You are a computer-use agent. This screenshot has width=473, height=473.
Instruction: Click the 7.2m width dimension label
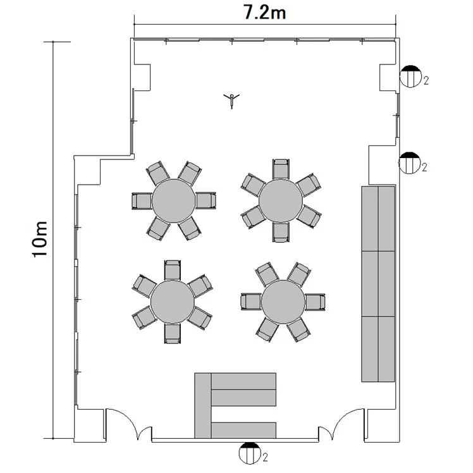264,13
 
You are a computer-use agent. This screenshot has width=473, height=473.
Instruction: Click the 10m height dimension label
40,239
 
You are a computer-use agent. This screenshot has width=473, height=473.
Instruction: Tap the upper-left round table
174,200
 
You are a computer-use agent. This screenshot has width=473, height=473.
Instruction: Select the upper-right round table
281,201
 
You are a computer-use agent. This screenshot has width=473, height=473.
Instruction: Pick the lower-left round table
173,302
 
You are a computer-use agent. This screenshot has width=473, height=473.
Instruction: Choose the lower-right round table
283,302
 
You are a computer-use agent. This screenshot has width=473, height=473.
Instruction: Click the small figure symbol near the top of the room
231,101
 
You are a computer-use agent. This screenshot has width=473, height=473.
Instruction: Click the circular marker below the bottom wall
250,453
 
